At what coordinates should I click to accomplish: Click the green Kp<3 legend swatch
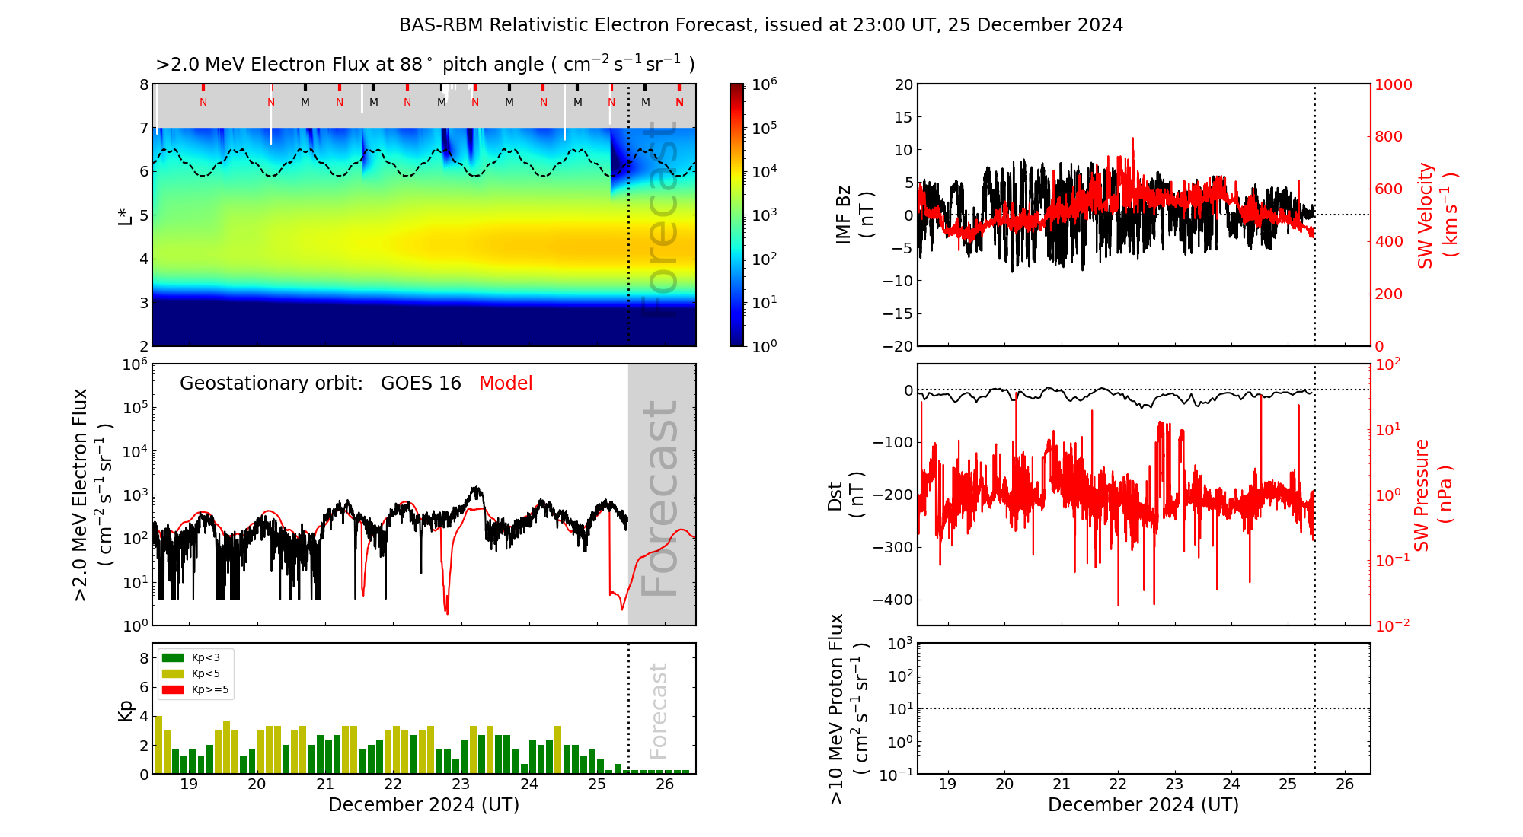coord(173,657)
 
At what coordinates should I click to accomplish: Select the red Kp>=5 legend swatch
coord(173,690)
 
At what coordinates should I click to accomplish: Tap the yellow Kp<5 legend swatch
coord(173,673)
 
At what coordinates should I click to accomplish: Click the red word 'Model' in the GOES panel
coord(506,383)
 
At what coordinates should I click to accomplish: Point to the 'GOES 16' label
coord(420,383)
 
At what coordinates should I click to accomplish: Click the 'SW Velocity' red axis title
coord(1426,215)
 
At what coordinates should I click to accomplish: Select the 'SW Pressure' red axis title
coord(1422,495)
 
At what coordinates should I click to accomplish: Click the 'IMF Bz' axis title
coord(844,215)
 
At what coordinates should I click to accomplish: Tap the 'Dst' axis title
coord(835,495)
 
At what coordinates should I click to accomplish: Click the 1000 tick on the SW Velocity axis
coord(1393,85)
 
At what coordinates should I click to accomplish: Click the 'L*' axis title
coord(126,215)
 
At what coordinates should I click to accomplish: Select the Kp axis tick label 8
coord(144,658)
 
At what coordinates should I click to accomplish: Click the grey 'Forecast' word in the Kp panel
coord(659,711)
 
